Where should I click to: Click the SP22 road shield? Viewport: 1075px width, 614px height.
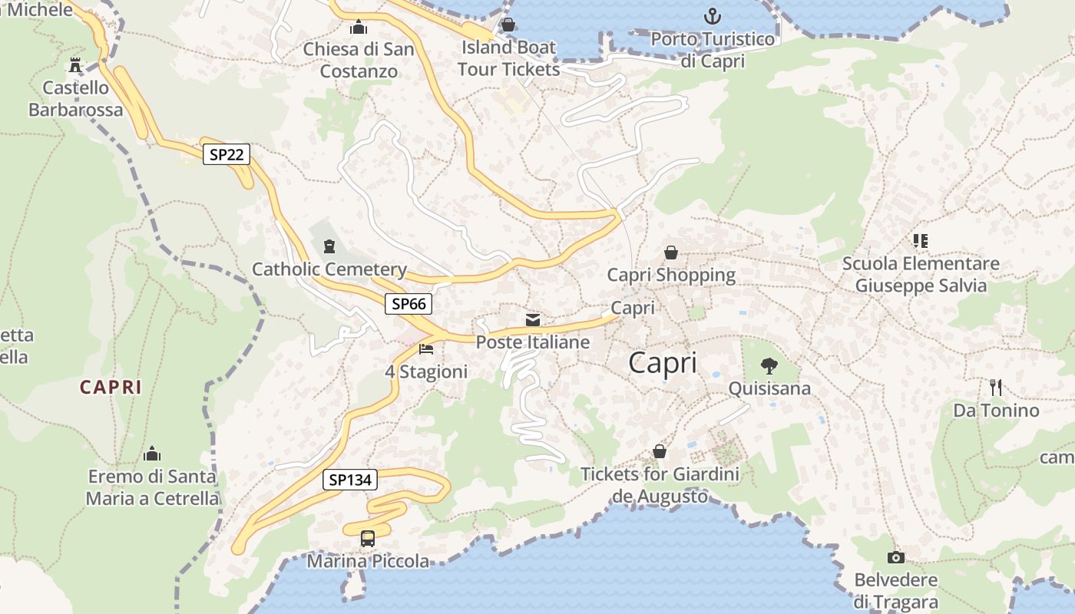point(227,154)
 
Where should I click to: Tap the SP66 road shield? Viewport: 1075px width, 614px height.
point(408,304)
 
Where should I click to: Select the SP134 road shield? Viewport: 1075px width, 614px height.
point(350,480)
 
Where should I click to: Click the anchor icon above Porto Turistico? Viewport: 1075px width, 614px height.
point(713,15)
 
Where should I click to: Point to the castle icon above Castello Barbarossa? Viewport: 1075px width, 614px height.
point(75,64)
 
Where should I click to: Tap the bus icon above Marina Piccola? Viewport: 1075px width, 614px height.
point(368,538)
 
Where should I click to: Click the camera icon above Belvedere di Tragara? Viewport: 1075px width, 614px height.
point(895,557)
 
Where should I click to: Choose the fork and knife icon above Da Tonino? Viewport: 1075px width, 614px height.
point(996,387)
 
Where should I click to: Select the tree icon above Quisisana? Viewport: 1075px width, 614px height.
point(769,365)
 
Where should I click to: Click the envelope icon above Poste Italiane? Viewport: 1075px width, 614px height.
point(533,319)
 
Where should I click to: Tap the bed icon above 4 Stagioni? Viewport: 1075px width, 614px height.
point(426,349)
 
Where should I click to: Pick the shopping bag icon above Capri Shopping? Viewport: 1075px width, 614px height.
point(671,252)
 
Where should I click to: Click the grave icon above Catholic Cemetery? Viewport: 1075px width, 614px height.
point(329,246)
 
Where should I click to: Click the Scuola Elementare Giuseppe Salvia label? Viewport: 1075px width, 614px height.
point(921,275)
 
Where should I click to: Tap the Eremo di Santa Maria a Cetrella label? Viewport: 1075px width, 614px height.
point(152,487)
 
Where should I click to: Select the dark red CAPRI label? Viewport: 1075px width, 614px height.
point(111,388)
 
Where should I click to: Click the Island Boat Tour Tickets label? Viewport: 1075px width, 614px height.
point(508,58)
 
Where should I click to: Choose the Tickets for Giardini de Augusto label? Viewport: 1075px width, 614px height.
point(660,485)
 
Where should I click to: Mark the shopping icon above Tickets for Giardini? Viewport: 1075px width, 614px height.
point(659,451)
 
